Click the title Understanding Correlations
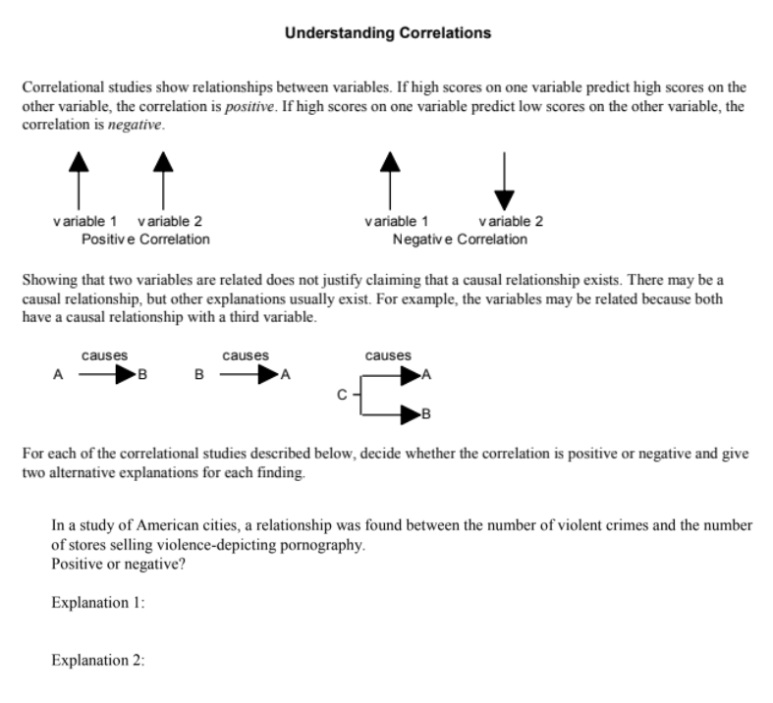pos(387,33)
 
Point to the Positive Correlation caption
pos(145,239)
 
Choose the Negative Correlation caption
pos(459,239)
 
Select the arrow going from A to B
pos(102,374)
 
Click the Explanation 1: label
pos(98,603)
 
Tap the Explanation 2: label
pos(98,660)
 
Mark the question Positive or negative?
pos(109,565)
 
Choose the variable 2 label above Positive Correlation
pos(171,221)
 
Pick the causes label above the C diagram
pos(388,355)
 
